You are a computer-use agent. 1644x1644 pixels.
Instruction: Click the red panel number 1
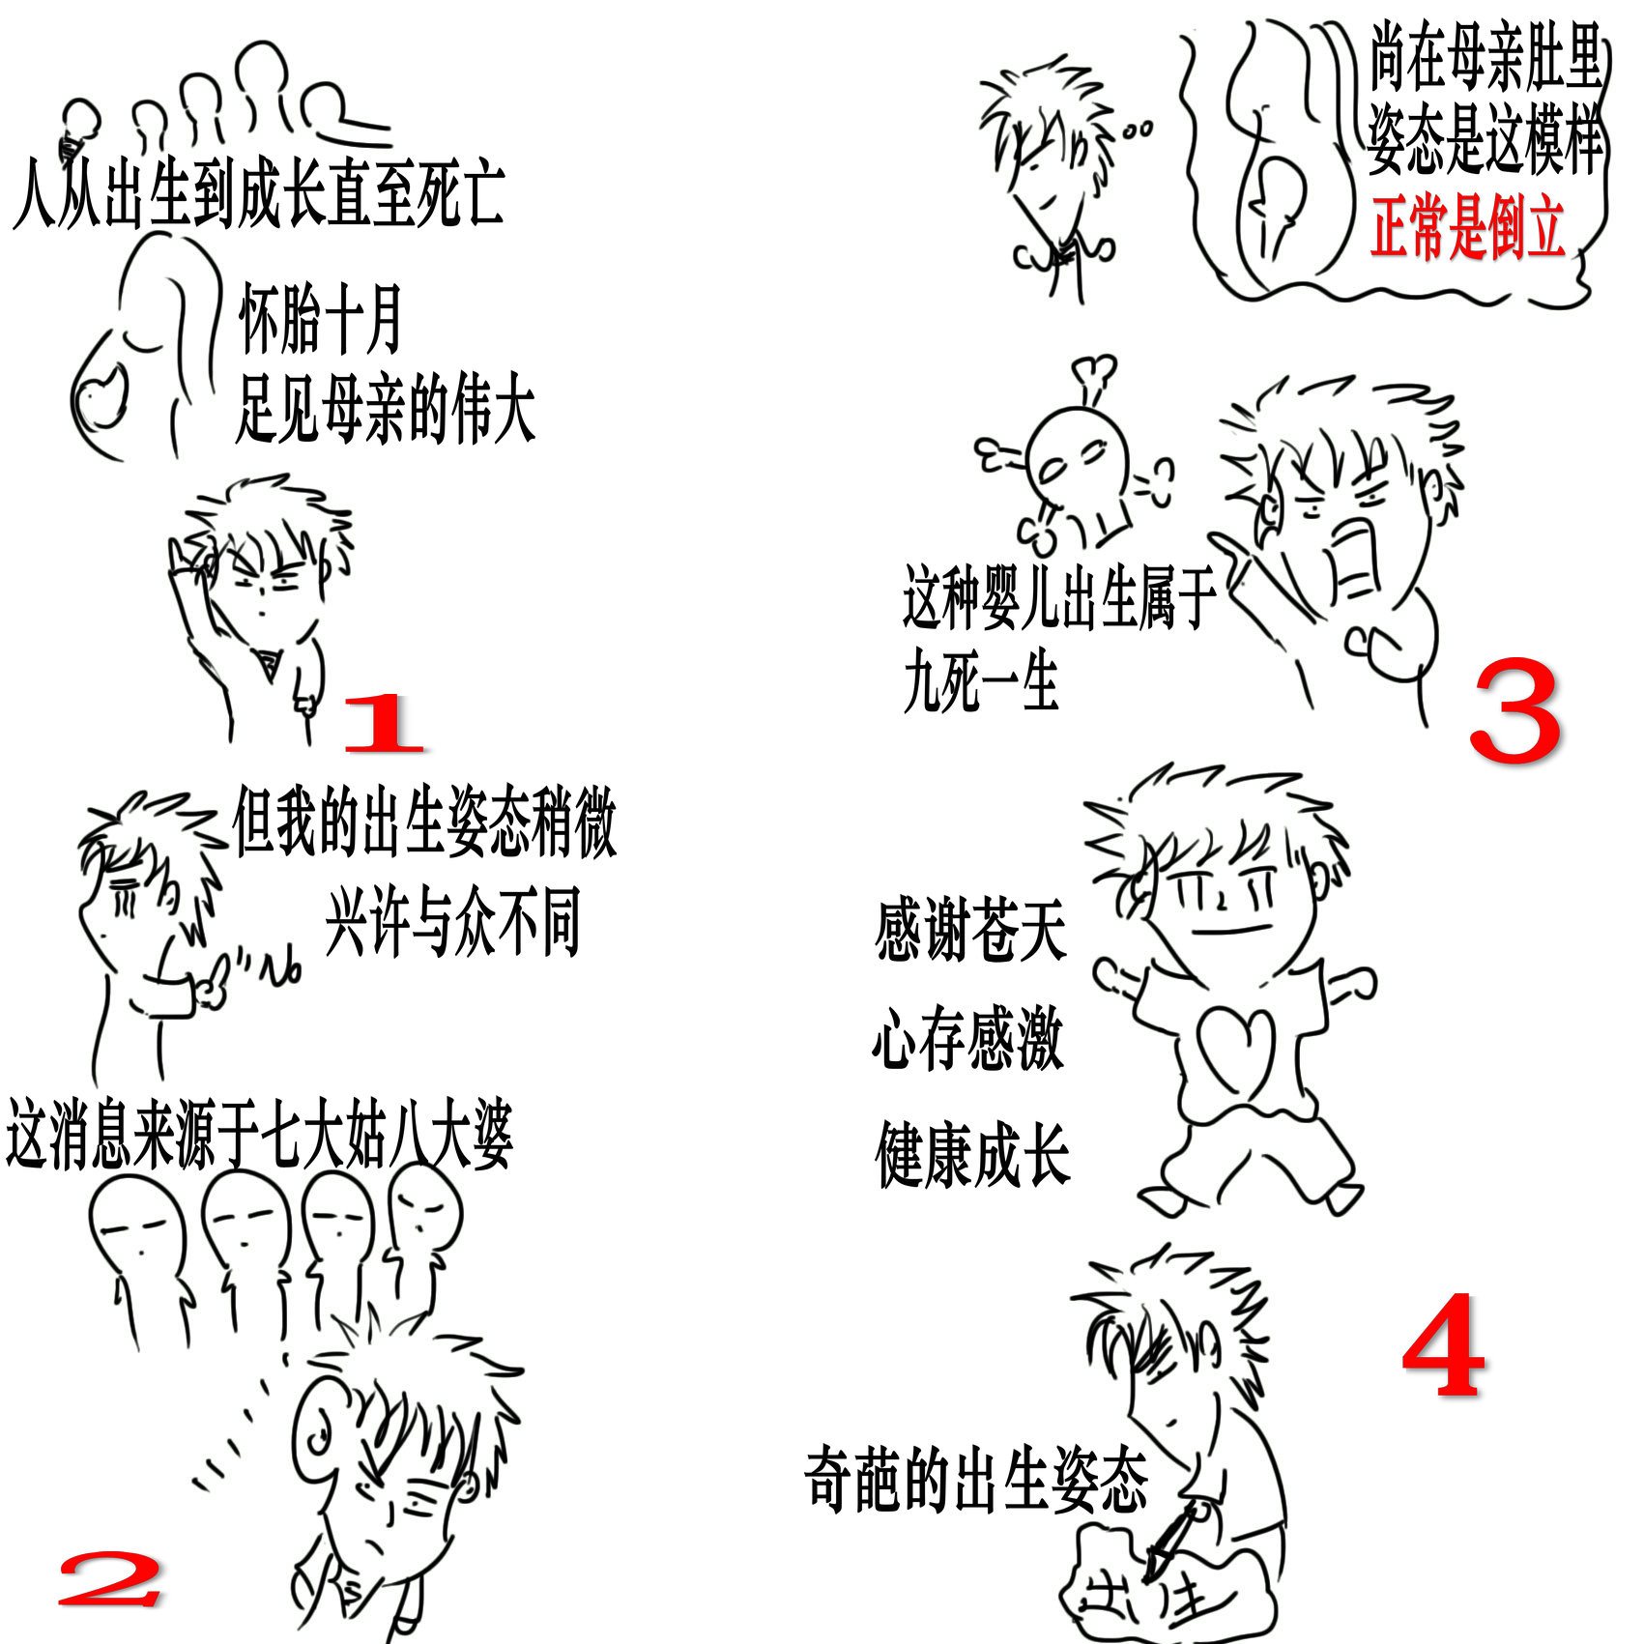click(x=384, y=722)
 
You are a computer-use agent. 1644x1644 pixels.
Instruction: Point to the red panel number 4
click(x=1444, y=1344)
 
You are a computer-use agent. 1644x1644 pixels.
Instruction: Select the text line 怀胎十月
click(x=320, y=320)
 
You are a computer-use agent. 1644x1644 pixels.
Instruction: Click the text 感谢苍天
click(x=970, y=930)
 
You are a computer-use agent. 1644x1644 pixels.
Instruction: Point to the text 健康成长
click(x=972, y=1154)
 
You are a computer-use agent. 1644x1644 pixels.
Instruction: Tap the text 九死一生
click(x=980, y=681)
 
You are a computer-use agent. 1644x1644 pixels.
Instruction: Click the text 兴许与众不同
click(x=452, y=923)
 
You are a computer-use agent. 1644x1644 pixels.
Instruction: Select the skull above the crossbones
click(x=1078, y=463)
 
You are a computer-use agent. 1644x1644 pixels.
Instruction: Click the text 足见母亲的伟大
click(x=385, y=411)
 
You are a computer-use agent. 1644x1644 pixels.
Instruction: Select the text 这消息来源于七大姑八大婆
click(x=259, y=1135)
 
